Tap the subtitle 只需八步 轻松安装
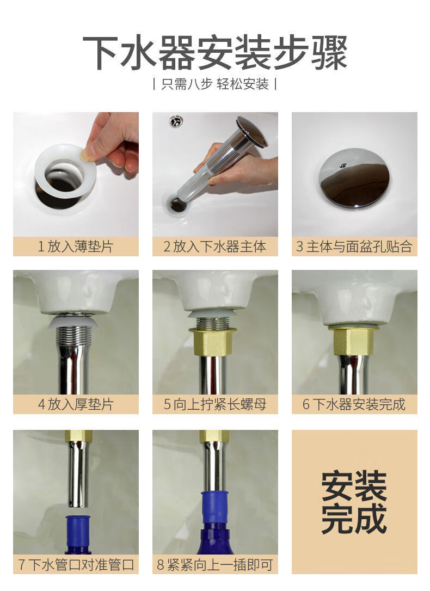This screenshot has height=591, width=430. click(x=214, y=84)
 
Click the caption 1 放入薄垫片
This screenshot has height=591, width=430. click(x=76, y=247)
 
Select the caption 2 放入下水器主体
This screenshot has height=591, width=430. click(x=215, y=247)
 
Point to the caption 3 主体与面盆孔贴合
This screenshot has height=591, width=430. click(x=354, y=247)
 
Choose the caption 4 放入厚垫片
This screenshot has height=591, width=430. click(x=76, y=404)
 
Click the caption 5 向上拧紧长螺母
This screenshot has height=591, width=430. click(x=215, y=404)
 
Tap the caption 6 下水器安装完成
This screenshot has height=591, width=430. click(x=354, y=404)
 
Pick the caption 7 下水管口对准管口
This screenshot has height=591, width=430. click(x=76, y=564)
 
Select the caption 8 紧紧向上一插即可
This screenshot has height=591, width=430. click(x=215, y=564)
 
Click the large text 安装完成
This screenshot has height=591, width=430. click(x=354, y=502)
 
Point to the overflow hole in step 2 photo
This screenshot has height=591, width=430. click(x=176, y=121)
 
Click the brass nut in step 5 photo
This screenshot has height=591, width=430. click(x=212, y=341)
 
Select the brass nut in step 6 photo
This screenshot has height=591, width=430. click(x=354, y=340)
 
